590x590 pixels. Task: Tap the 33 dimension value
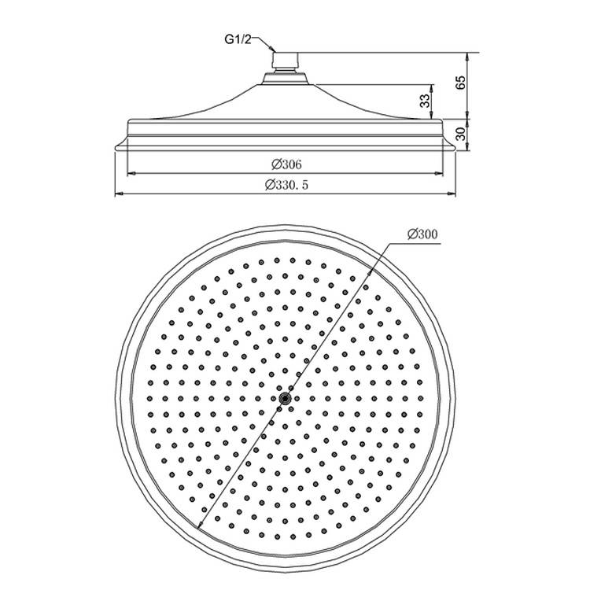pyautogui.click(x=425, y=101)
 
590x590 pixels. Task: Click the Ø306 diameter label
pyautogui.click(x=285, y=164)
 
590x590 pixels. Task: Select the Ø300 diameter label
pyautogui.click(x=423, y=234)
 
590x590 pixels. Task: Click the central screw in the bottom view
pyautogui.click(x=285, y=400)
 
